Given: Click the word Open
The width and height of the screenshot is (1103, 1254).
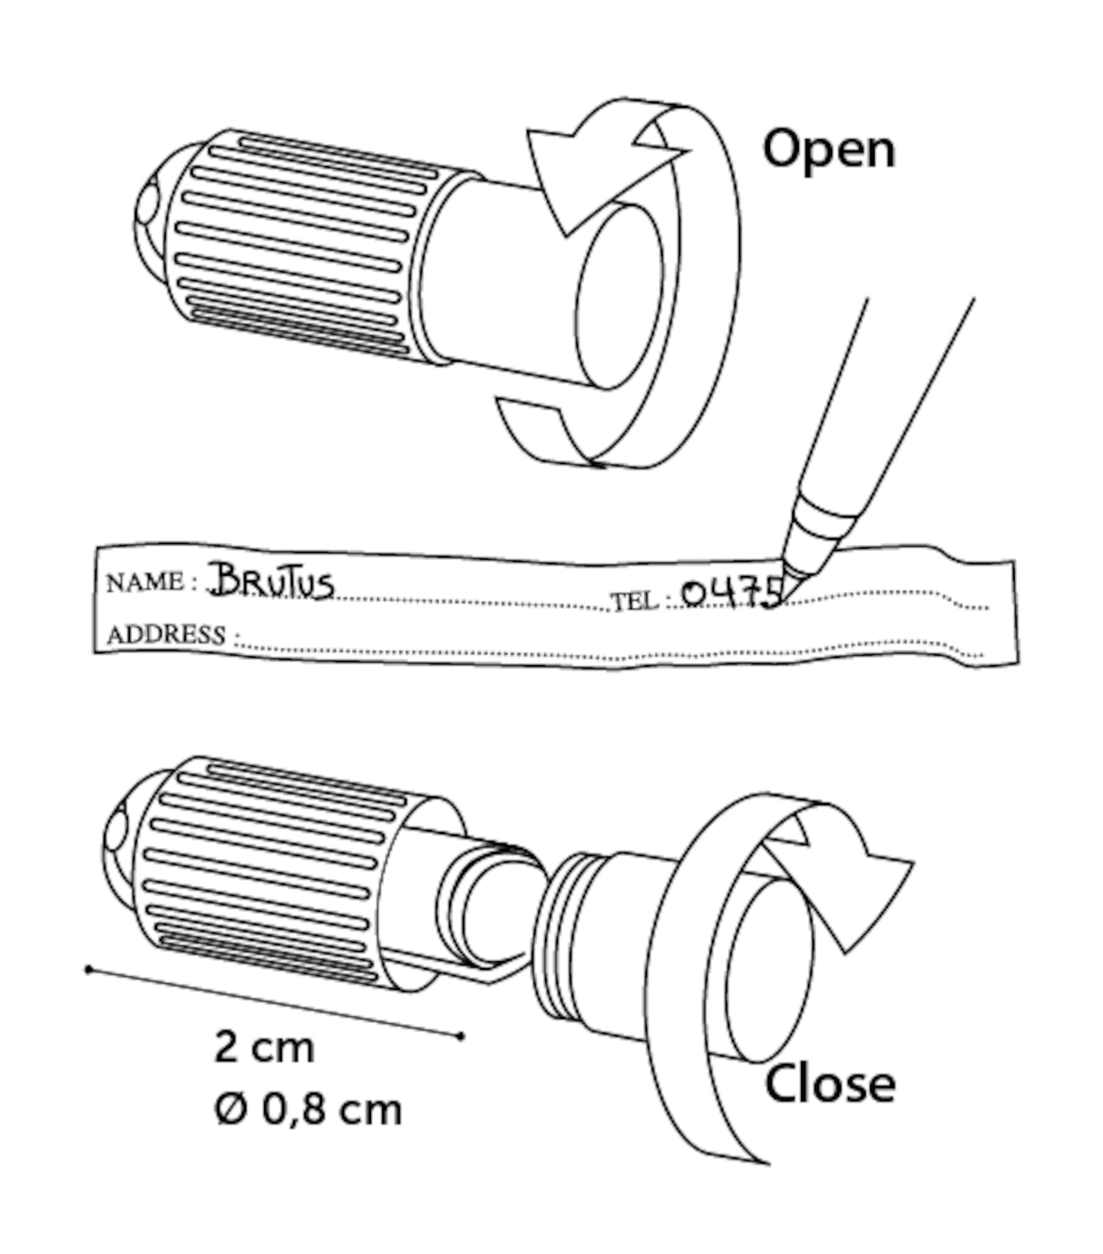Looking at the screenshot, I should [828, 150].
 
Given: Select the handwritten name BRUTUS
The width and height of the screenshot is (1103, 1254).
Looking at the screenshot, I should [271, 581].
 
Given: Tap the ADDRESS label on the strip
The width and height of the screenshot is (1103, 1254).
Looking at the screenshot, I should [166, 635].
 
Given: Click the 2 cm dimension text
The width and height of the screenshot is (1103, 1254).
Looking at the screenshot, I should [264, 1046].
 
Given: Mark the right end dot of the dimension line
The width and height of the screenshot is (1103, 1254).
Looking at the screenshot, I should [461, 1036].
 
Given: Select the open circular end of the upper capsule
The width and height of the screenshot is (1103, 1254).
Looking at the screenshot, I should [620, 295].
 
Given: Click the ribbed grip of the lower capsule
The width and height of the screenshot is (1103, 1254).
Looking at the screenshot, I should [270, 872].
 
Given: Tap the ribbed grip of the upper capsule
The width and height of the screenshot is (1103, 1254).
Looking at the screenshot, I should [301, 245].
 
